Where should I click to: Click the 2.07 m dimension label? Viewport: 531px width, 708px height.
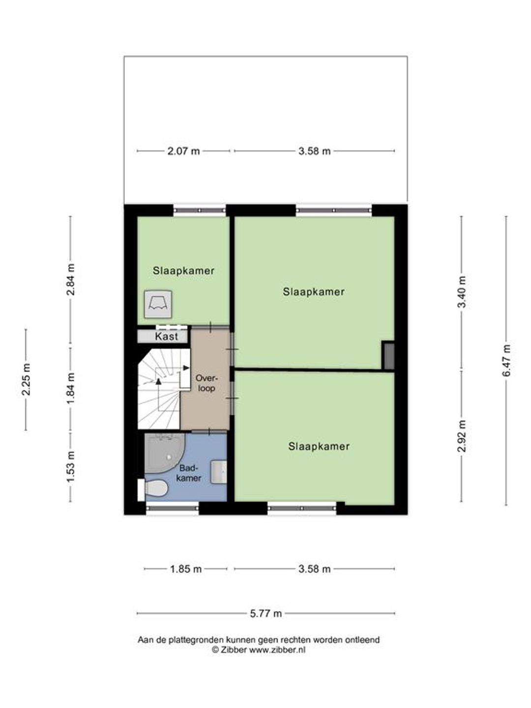(183, 151)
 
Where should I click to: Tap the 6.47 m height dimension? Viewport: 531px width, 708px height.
(506, 360)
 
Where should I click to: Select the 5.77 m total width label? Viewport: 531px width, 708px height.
(266, 614)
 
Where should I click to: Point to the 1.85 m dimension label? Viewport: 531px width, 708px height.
(186, 569)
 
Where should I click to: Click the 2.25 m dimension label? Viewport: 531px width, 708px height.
(26, 379)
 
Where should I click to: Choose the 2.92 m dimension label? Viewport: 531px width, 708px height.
(462, 437)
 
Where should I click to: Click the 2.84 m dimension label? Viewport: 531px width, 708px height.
(71, 279)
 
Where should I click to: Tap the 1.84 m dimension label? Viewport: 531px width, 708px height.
(71, 388)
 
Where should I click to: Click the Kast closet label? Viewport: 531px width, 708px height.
(166, 336)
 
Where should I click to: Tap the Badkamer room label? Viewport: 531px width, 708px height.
(189, 473)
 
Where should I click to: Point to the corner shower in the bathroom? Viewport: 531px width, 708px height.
(164, 453)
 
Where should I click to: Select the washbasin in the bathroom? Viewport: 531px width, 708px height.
(219, 472)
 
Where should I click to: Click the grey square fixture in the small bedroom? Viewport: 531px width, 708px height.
(158, 304)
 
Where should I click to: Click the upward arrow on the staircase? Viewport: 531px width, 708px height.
(158, 381)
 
